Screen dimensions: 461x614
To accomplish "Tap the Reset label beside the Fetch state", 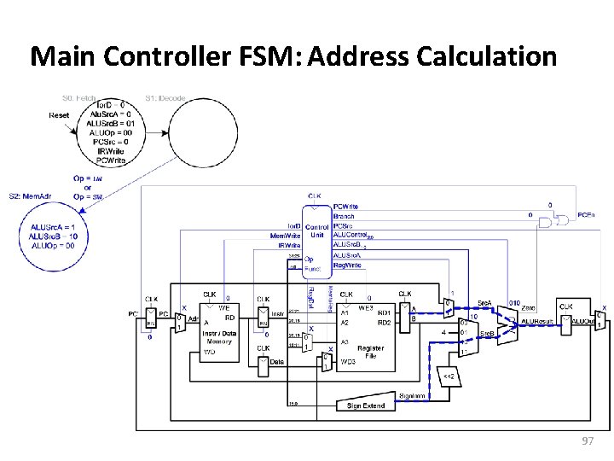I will click(x=60, y=115).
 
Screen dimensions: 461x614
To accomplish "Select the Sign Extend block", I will click(x=365, y=406).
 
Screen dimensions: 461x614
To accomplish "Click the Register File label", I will click(x=371, y=353).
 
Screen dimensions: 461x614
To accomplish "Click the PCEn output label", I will click(x=587, y=215).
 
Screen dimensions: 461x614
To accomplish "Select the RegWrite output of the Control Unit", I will click(x=347, y=265).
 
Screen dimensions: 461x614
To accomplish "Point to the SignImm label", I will click(x=413, y=395).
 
